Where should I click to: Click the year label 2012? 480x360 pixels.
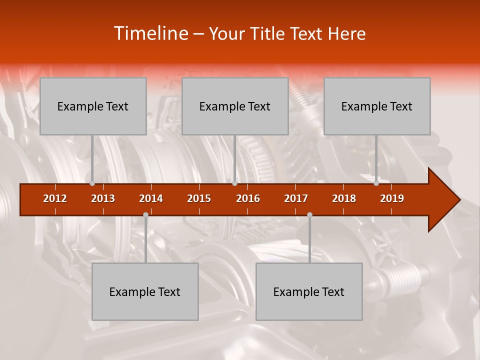tap(55, 198)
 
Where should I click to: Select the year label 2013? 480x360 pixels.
tap(103, 198)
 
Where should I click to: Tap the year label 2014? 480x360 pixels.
tap(151, 198)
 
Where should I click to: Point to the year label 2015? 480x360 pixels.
tap(199, 198)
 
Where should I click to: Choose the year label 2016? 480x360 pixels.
tap(248, 198)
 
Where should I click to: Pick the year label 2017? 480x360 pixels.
tap(296, 198)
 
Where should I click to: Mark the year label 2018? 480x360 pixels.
tap(344, 198)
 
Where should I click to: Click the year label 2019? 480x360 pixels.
tap(392, 198)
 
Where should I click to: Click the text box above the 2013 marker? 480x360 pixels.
tap(93, 106)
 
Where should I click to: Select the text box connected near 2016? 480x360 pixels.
tap(235, 106)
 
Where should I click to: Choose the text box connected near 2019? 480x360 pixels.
tap(377, 106)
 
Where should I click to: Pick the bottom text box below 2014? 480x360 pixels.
tap(145, 291)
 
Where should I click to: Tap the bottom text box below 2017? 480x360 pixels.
tap(309, 291)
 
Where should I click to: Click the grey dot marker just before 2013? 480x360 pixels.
tap(92, 183)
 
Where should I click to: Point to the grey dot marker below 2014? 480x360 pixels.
tap(145, 214)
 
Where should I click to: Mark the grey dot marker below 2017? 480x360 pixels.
tap(309, 214)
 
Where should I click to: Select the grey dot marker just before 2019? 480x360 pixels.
tap(376, 183)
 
